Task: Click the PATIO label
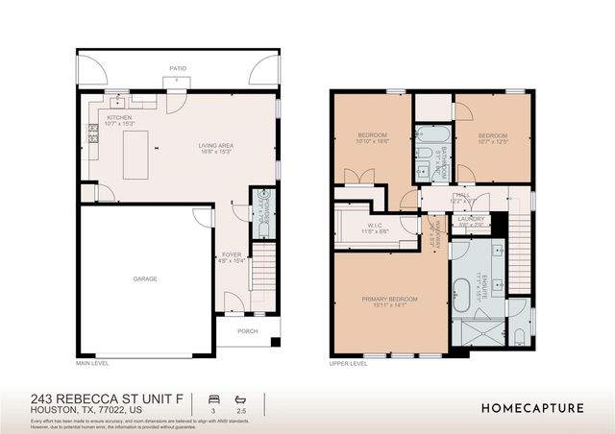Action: pyautogui.click(x=178, y=69)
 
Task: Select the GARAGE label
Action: pyautogui.click(x=145, y=278)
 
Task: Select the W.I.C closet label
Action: pyautogui.click(x=373, y=228)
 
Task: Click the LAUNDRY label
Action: pyautogui.click(x=471, y=219)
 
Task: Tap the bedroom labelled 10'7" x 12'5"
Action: pyautogui.click(x=491, y=137)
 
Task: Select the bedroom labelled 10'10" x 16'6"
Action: pyautogui.click(x=372, y=137)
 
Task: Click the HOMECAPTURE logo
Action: pyautogui.click(x=531, y=408)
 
